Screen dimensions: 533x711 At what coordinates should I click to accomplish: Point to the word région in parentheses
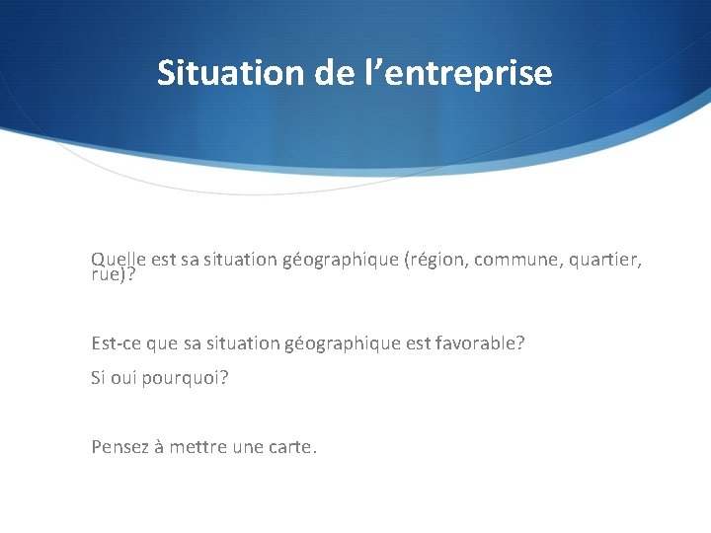(437, 260)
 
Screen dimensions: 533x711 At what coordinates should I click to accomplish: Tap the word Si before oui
(98, 378)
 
